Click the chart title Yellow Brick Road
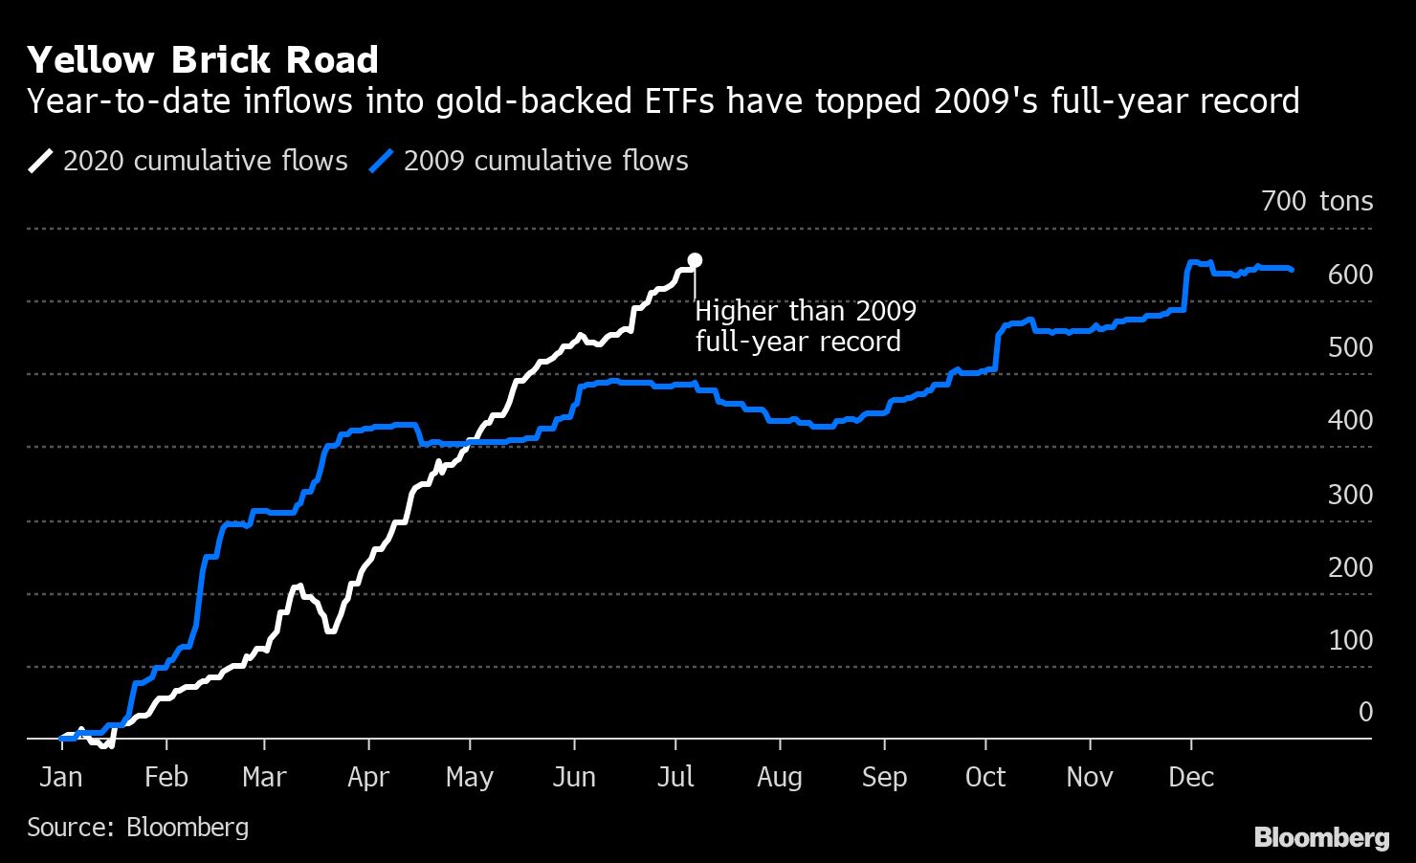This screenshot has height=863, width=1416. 203,60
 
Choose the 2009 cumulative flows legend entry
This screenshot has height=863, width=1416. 528,160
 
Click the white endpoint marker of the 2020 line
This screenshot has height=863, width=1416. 695,260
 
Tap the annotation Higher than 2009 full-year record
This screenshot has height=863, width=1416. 804,326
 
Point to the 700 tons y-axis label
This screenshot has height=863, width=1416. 1316,201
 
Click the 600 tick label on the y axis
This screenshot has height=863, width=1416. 1350,275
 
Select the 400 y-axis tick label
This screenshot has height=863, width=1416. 1350,420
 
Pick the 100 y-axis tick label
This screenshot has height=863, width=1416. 1350,640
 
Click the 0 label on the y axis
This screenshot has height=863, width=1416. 1365,712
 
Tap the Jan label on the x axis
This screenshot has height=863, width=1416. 60,777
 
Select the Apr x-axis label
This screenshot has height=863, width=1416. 368,777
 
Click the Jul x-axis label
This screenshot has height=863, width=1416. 675,777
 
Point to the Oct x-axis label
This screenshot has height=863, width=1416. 985,777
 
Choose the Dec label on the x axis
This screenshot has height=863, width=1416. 1191,777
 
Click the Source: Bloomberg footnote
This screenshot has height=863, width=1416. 138,827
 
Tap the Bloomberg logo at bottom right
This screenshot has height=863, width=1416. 1321,837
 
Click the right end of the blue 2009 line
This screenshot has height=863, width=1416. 1293,270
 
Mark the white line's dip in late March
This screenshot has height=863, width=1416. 330,630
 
